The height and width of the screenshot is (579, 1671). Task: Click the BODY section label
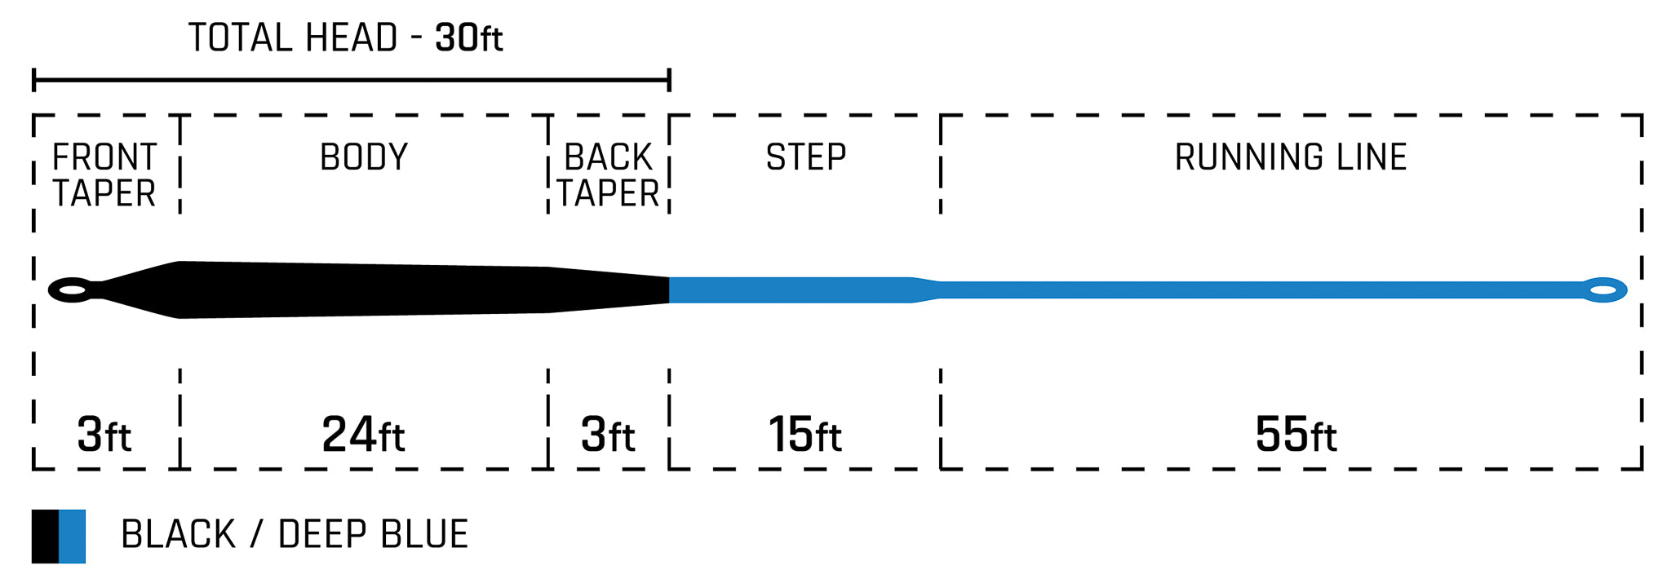364,157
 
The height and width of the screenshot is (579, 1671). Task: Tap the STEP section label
805,157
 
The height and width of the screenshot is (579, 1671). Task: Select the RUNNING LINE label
1291,157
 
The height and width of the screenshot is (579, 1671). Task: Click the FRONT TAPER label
104,175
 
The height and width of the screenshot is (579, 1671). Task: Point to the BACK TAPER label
609,175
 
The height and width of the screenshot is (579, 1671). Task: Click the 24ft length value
363,435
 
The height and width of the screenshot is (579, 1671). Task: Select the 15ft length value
804,435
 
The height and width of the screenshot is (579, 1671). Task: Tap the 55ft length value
1296,435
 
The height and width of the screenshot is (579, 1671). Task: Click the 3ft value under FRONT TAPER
104,435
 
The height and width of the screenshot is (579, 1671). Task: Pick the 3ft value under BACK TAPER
608,435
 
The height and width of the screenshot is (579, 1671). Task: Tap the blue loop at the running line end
1603,290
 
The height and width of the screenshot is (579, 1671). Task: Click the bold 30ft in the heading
469,38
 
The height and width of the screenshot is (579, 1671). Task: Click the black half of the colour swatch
46,537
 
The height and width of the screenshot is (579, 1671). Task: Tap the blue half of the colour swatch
73,537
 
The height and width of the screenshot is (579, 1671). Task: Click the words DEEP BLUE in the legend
373,535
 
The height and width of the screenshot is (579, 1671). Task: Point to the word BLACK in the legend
178,535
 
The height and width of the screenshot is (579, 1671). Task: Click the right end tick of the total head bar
669,80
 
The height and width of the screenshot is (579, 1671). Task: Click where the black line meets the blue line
669,290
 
